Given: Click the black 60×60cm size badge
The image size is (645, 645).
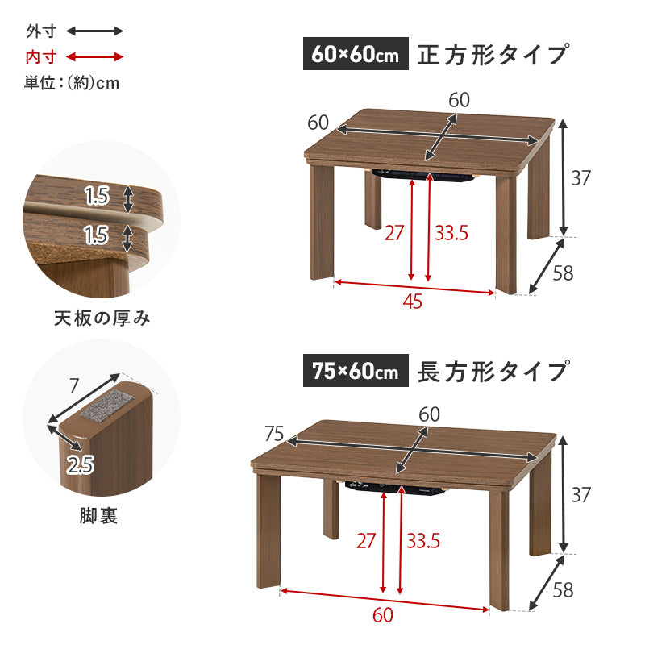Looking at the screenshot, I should tap(356, 55).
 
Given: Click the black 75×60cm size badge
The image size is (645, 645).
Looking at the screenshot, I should tap(356, 372).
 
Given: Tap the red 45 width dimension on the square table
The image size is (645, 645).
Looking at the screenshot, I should tap(412, 301).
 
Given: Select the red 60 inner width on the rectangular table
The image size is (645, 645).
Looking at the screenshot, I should tap(383, 614).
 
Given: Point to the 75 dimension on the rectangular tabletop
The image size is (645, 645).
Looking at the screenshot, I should tap(274, 435).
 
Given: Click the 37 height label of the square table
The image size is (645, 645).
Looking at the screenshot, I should tap(581, 178).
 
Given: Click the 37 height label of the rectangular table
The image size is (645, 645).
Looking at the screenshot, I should tap(581, 494).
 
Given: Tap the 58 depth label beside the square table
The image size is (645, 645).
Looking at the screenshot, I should tap(562, 273).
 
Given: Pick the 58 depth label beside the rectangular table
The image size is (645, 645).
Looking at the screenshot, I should tap(562, 589).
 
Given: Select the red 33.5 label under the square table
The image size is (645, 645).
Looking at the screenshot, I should tap(451, 234).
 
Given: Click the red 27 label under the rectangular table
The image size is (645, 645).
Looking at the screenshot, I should tap(366, 541).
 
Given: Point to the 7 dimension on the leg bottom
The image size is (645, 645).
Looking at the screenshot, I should tap(73, 386).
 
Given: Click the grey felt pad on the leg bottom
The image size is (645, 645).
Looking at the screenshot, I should tap(104, 408).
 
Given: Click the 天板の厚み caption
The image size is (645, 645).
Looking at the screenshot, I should tap(102, 318).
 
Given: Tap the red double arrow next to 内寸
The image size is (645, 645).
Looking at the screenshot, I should tap(94, 57).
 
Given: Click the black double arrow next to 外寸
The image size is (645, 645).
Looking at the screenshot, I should tap(94, 31).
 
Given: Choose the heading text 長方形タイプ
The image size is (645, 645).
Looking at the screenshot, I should tap(493, 372).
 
